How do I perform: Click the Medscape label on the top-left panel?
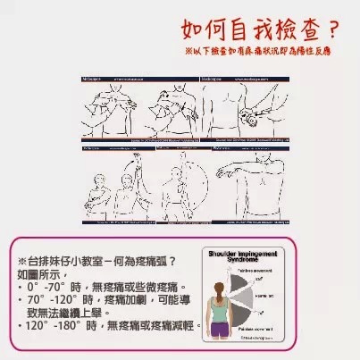coord(95,79)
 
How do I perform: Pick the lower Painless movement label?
coord(254,328)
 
